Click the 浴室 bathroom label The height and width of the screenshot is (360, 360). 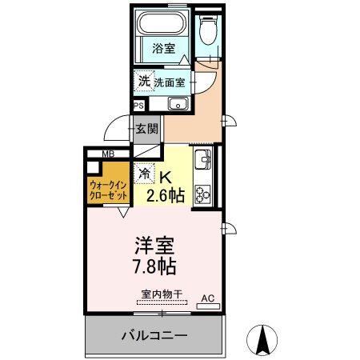pyautogui.click(x=163, y=48)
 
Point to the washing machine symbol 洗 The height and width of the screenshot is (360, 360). pyautogui.click(x=144, y=81)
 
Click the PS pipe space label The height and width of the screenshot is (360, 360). pyautogui.click(x=138, y=105)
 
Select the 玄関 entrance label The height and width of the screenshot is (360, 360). pyautogui.click(x=146, y=128)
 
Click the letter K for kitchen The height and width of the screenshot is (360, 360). pyautogui.click(x=166, y=178)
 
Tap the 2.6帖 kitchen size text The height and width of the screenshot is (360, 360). pyautogui.click(x=166, y=194)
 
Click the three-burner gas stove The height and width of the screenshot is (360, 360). pyautogui.click(x=202, y=192)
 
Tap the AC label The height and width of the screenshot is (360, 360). pyautogui.click(x=208, y=298)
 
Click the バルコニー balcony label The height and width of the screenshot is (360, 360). pyautogui.click(x=155, y=334)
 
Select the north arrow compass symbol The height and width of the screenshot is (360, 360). pyautogui.click(x=262, y=340)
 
